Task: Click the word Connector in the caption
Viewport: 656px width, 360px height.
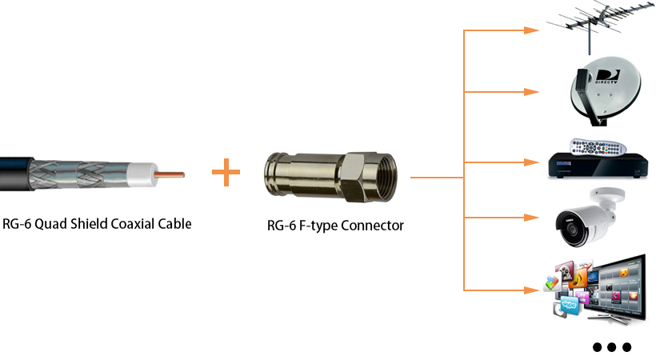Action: tap(372, 226)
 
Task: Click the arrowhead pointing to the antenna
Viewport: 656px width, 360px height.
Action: tap(530, 30)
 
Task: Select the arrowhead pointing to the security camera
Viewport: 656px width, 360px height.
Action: tap(530, 217)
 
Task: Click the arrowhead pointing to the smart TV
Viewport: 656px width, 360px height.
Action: tap(530, 289)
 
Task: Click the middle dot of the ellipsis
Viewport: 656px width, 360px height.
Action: tap(612, 347)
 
